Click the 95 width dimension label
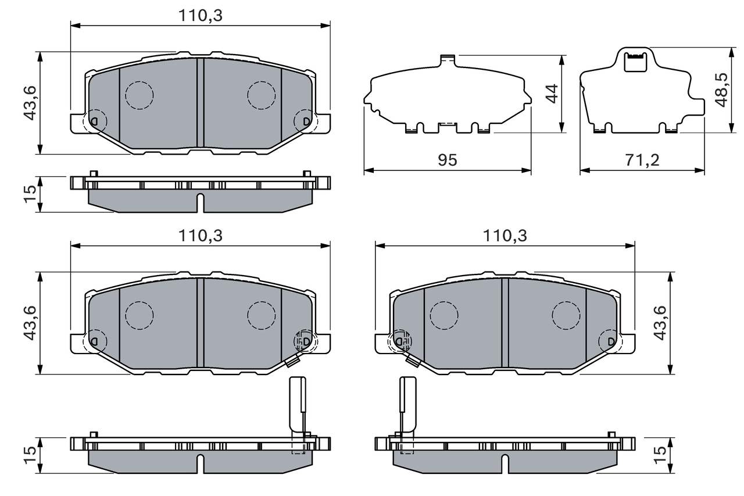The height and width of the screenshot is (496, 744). pyautogui.click(x=448, y=160)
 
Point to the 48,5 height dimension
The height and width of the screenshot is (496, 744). pyautogui.click(x=721, y=89)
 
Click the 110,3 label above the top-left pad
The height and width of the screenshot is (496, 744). pyautogui.click(x=201, y=16)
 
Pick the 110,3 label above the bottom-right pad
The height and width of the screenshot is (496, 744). pyautogui.click(x=505, y=235)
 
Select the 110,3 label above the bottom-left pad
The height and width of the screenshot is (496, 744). pyautogui.click(x=201, y=235)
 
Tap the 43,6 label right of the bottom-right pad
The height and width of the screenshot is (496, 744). pyautogui.click(x=659, y=323)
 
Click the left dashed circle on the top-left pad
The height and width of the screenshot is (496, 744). pyautogui.click(x=139, y=95)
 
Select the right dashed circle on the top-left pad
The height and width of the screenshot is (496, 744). pyautogui.click(x=261, y=95)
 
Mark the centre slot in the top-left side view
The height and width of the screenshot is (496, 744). pyautogui.click(x=201, y=202)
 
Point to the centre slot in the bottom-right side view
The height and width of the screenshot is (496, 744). pyautogui.click(x=505, y=463)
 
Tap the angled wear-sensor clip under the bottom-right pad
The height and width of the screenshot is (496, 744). pyautogui.click(x=413, y=361)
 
